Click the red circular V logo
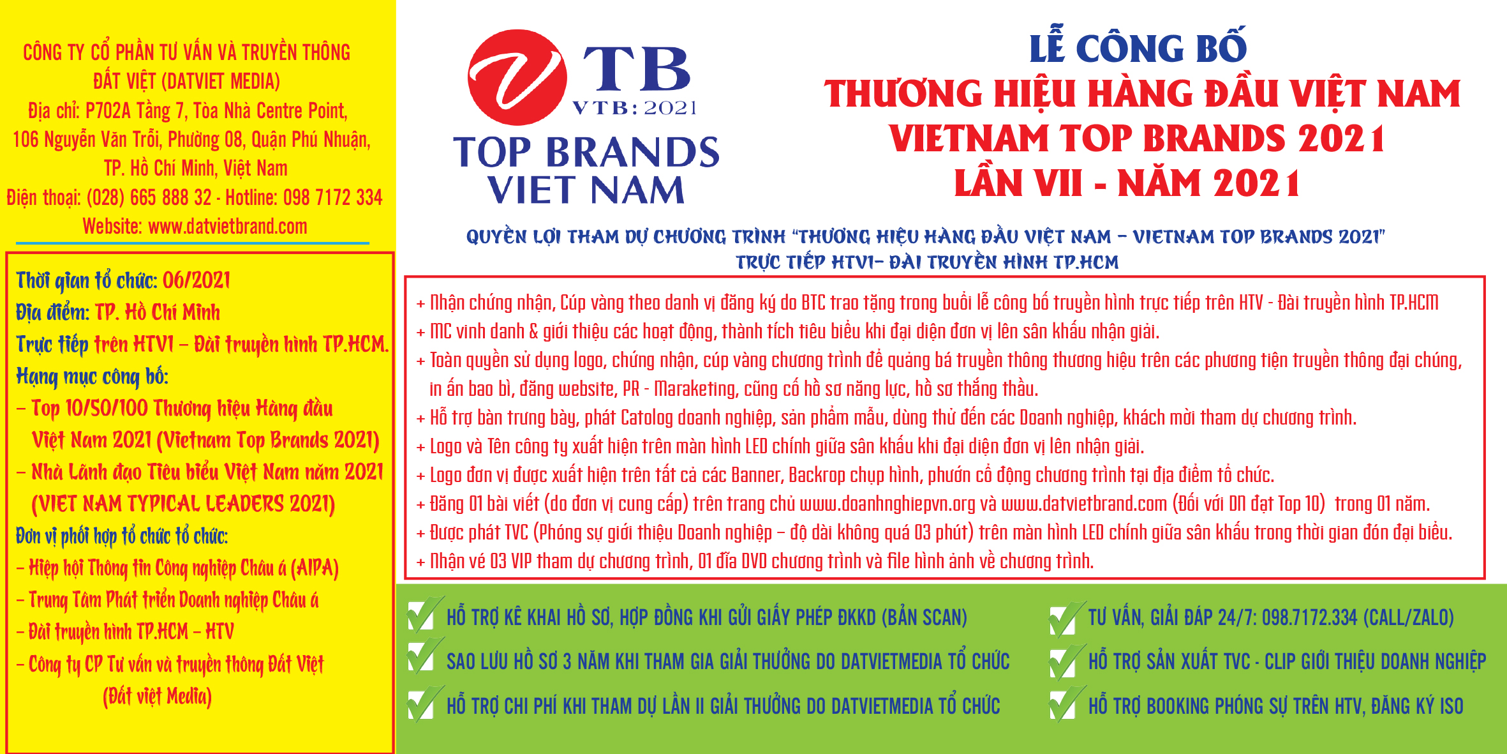pyautogui.click(x=517, y=77)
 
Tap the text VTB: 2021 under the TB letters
pyautogui.click(x=635, y=108)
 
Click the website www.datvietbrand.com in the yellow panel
pyautogui.click(x=228, y=227)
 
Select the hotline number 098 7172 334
pyautogui.click(x=333, y=197)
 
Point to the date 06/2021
pyautogui.click(x=197, y=280)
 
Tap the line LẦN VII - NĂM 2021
pyautogui.click(x=1127, y=183)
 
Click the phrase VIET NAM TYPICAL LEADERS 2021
pyautogui.click(x=183, y=504)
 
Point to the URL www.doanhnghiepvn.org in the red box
pyautogui.click(x=887, y=504)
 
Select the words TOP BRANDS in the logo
pyautogui.click(x=586, y=152)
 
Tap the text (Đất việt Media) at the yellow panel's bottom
pyautogui.click(x=157, y=696)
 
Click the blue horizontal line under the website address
pyautogui.click(x=193, y=243)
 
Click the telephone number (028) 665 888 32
pyautogui.click(x=149, y=197)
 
